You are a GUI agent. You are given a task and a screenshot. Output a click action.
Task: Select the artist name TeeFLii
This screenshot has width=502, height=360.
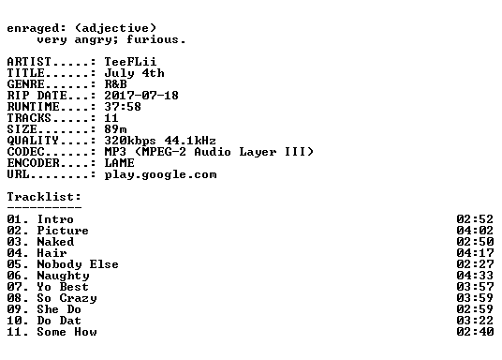[130, 62]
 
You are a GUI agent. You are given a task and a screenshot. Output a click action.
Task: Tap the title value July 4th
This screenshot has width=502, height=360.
[134, 73]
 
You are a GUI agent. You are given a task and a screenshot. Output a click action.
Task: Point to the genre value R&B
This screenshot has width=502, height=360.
[115, 84]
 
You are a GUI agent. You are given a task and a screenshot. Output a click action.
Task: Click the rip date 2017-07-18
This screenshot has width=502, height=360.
[141, 96]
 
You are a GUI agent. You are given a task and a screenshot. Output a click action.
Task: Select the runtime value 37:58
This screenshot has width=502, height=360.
[123, 107]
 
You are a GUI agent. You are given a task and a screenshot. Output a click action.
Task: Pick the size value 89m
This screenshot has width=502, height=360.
[115, 129]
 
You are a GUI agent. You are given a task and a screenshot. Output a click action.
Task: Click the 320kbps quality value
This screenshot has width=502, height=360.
[130, 141]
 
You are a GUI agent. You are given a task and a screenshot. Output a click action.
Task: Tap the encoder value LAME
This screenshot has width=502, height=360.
[120, 163]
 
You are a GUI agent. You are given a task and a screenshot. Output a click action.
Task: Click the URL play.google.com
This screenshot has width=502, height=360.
[160, 175]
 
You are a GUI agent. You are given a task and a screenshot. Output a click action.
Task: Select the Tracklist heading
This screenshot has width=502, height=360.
[44, 197]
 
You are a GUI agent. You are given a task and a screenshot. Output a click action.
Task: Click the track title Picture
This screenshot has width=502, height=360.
[63, 231]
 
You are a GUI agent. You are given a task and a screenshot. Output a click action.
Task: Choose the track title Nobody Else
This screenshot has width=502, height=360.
[78, 264]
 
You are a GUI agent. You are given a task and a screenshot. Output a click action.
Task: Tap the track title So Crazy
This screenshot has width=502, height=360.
[66, 298]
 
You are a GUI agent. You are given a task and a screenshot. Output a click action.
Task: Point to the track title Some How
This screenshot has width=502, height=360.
[66, 332]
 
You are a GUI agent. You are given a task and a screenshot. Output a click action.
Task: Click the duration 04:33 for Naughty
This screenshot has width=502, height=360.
[475, 276]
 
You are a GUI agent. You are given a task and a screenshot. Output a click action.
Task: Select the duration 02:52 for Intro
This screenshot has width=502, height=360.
[475, 219]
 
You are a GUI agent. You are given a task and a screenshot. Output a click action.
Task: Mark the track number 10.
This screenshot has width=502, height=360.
[15, 321]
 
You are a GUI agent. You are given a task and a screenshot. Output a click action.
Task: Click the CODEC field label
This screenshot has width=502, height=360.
[25, 152]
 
